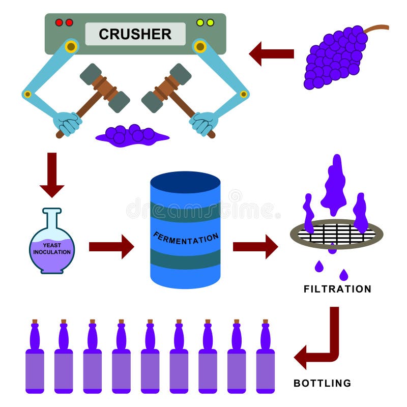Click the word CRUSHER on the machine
[x=135, y=34]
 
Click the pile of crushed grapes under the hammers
[x=131, y=136]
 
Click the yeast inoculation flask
[x=52, y=247]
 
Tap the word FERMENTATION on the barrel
[x=186, y=237]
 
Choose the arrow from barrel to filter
[x=255, y=247]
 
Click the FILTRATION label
[x=337, y=289]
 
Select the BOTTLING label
[x=323, y=383]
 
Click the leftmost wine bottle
[x=35, y=361]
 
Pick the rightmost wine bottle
[x=265, y=361]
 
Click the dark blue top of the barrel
[x=185, y=182]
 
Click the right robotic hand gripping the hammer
[x=203, y=123]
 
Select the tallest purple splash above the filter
[x=334, y=186]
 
